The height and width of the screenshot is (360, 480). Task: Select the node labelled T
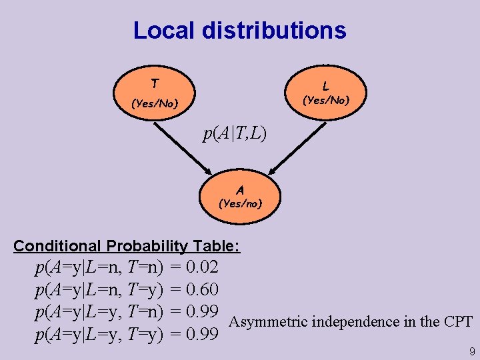(155, 93)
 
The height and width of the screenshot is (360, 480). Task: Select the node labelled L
(325, 93)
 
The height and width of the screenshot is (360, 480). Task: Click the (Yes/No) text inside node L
(325, 101)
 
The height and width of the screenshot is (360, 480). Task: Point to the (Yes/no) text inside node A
(240, 203)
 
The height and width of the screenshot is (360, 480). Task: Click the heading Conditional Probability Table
(127, 246)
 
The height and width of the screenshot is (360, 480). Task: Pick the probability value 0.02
(203, 268)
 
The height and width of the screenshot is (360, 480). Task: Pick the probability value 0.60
(203, 290)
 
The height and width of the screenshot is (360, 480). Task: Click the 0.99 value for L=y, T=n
(203, 312)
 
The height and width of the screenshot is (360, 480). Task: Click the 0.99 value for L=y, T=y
(203, 334)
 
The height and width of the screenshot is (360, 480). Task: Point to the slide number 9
(472, 351)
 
